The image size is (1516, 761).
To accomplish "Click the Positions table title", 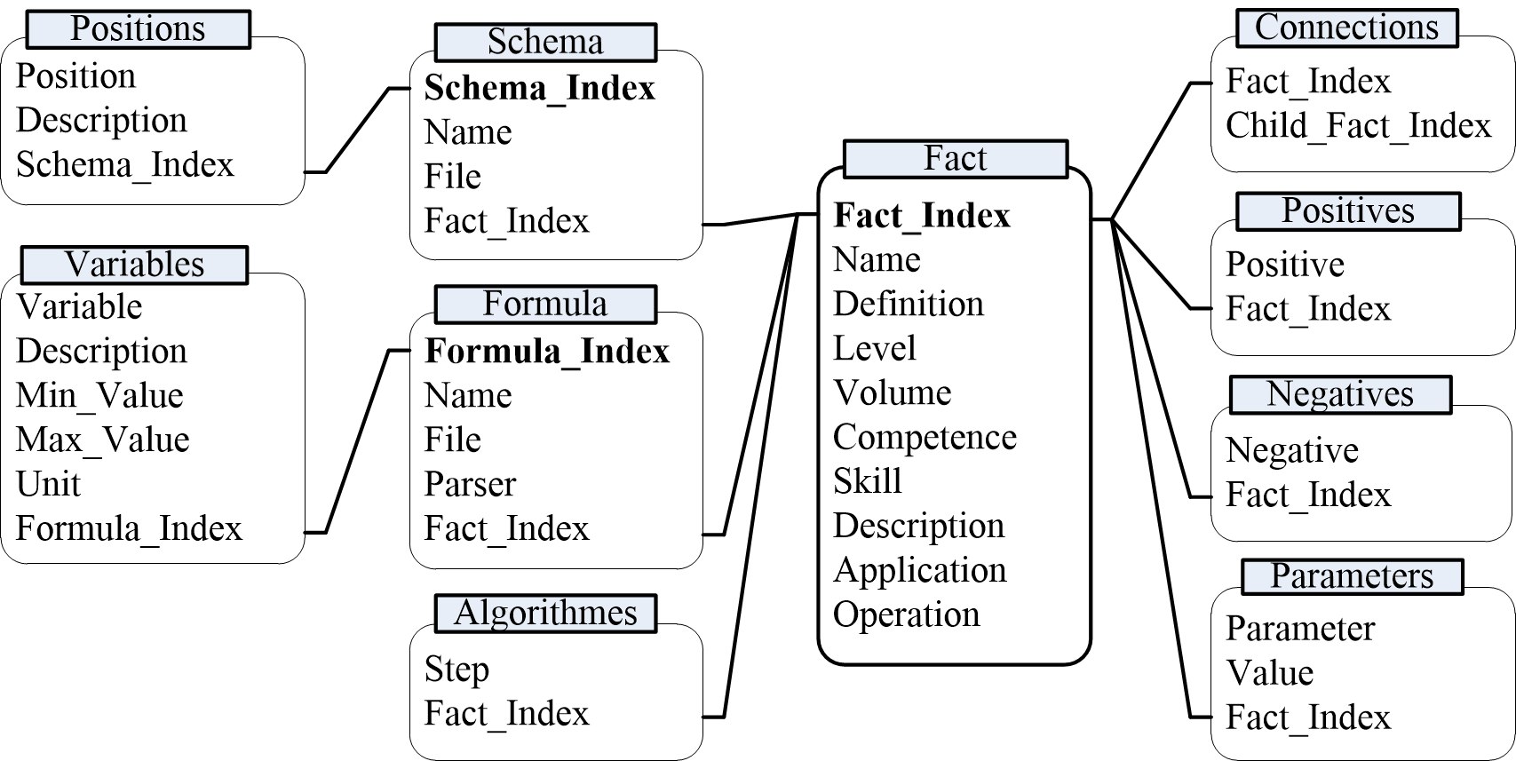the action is (x=138, y=29).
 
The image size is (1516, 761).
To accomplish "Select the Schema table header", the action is (x=545, y=42).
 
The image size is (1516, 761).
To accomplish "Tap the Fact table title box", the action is (x=956, y=159).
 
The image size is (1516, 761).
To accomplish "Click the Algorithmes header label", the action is (x=545, y=614).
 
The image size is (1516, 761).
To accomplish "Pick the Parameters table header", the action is (x=1353, y=576).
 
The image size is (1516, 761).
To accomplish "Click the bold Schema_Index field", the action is (x=539, y=88).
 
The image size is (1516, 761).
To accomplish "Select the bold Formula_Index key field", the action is (x=547, y=351).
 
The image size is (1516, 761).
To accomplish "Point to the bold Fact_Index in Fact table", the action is (x=922, y=216).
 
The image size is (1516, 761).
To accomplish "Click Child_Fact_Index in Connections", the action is (x=1358, y=126).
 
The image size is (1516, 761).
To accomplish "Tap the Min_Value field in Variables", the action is (x=99, y=396).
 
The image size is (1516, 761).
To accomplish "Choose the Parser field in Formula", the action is (x=470, y=484).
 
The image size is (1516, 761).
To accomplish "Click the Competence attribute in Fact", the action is (x=925, y=438).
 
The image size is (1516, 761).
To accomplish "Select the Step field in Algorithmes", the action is (x=456, y=670).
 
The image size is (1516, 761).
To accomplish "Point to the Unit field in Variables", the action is (x=48, y=484).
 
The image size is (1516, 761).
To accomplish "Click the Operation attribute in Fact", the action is (x=906, y=615).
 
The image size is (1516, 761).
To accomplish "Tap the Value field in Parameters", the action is (x=1270, y=674).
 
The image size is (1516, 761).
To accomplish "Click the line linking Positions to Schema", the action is (x=357, y=130).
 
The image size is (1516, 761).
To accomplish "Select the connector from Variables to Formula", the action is (x=357, y=441).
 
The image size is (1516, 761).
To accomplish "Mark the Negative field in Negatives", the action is (x=1292, y=450).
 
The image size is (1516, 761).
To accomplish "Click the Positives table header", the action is (x=1348, y=211).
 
